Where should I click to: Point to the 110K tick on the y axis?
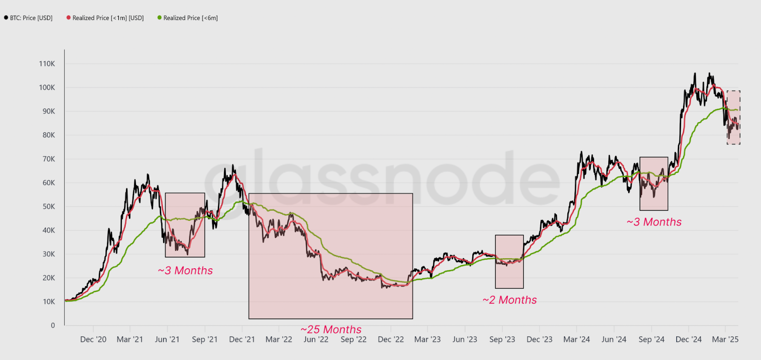(x=47, y=64)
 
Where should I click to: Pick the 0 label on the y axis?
(x=53, y=325)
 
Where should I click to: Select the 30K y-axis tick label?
(x=49, y=254)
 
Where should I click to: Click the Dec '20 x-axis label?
(x=93, y=340)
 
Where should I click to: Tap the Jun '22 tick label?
(x=316, y=340)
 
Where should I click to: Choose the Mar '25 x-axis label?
(x=725, y=340)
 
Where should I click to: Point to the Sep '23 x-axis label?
(x=502, y=340)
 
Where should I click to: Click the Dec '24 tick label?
(x=688, y=340)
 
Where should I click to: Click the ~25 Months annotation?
(x=331, y=330)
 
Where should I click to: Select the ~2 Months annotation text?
(x=510, y=300)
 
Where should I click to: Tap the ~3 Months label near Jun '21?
(x=185, y=271)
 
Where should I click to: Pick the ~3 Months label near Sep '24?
(x=654, y=222)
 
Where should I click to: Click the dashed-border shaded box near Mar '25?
(x=733, y=117)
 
